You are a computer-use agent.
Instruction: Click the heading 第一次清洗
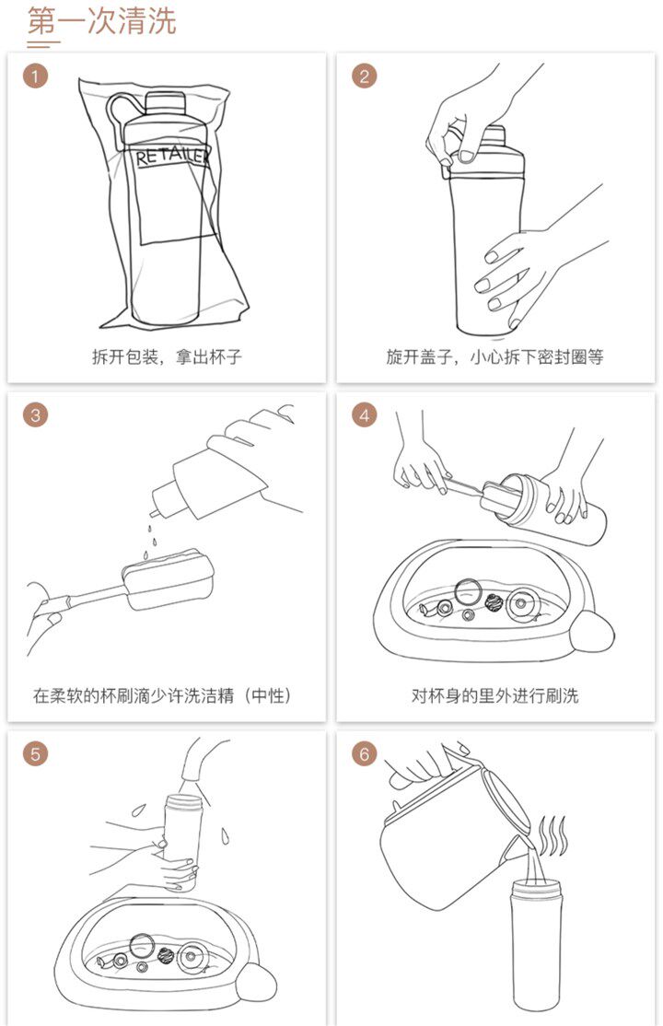(102, 20)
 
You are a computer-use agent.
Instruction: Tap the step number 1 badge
(35, 76)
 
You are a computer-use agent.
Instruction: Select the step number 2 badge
(365, 76)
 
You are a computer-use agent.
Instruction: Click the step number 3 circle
(35, 414)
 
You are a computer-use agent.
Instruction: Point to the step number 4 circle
(365, 414)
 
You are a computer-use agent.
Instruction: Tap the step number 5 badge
(35, 753)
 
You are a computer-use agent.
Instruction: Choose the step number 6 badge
(365, 753)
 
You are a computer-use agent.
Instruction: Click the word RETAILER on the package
(172, 157)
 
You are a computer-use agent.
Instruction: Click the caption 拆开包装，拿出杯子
(167, 356)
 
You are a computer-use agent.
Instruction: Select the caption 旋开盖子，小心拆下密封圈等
(494, 356)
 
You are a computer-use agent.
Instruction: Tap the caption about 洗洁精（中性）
(162, 695)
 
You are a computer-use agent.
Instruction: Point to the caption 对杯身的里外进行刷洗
(494, 695)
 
